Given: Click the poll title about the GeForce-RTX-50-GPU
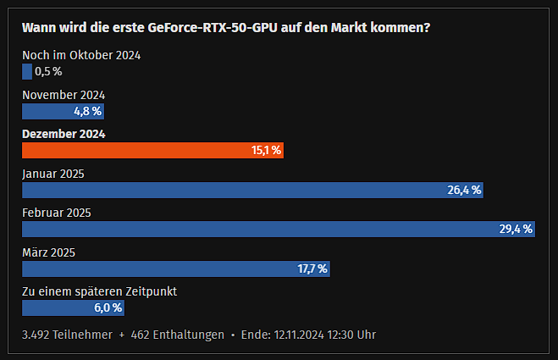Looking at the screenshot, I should pos(225,27).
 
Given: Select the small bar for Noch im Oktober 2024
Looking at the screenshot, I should pos(26,71).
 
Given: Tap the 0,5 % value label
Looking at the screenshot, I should pos(48,71).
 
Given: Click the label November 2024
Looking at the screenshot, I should pos(64,95).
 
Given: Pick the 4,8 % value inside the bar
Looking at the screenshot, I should pos(87,111).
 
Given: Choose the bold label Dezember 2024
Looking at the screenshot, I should pos(64,134).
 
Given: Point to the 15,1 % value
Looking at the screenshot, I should pos(265,150).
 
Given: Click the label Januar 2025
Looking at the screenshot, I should pos(53,174).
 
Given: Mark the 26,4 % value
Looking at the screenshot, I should pos(464,190).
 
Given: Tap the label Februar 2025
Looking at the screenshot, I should pos(56,213).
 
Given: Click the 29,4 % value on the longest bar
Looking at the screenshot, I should pos(516,229).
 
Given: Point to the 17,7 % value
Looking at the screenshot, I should pos(312,269).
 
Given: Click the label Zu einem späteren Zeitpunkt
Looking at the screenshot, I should pos(99,291).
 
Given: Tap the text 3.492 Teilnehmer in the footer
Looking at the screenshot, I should pos(67,335).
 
